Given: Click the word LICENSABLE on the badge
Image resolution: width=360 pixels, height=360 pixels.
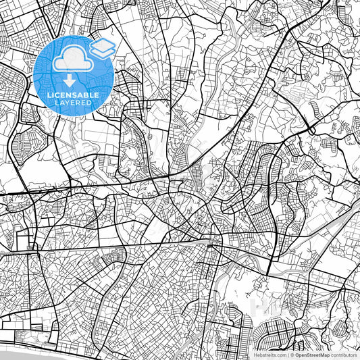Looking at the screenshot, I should click(x=76, y=95).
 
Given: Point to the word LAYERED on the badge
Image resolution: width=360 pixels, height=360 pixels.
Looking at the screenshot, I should click(x=76, y=103).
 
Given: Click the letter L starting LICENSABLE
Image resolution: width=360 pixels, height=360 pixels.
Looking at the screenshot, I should click(x=49, y=95).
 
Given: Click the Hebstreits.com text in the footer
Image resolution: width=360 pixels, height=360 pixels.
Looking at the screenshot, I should click(x=269, y=354).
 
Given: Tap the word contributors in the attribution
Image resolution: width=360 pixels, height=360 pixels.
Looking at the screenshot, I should click(x=344, y=354).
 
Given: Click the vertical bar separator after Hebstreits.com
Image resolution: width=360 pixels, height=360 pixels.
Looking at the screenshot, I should click(x=288, y=354).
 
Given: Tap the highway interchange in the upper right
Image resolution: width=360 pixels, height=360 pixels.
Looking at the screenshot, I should click(x=310, y=126).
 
